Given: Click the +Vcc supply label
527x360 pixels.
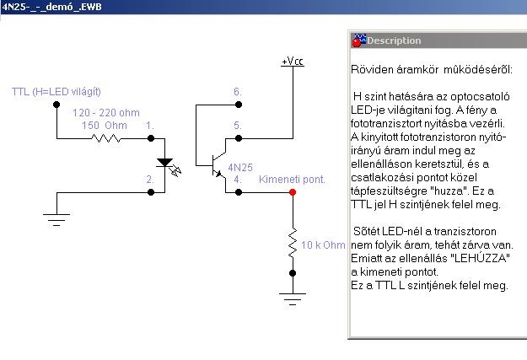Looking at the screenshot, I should [x=293, y=62].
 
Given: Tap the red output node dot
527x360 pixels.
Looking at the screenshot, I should [x=293, y=192].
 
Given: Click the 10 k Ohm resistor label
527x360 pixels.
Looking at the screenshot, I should [x=324, y=245].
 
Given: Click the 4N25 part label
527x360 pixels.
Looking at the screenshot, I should [x=240, y=168].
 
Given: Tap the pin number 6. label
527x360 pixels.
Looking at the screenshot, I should [x=238, y=91].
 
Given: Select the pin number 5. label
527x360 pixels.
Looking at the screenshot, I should [x=238, y=125].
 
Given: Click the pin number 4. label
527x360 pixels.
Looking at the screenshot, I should [x=238, y=180].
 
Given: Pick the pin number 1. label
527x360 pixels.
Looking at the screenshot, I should [x=150, y=125].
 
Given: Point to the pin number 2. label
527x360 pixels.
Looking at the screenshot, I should [x=150, y=180].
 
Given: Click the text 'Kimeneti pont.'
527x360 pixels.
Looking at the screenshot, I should [x=292, y=180].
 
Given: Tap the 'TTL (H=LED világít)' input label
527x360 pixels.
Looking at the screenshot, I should [x=62, y=91].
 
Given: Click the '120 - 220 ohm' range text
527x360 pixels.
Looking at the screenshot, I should [x=105, y=112].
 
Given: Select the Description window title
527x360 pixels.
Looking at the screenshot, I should [x=394, y=40].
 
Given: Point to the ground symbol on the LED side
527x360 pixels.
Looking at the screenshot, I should [x=56, y=222].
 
